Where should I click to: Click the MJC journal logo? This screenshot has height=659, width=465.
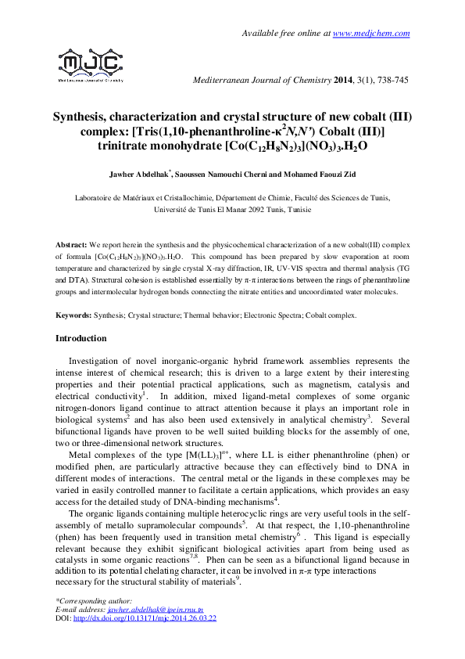(91, 64)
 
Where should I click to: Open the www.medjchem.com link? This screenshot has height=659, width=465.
(371, 34)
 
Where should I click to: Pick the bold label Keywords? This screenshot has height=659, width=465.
(74, 315)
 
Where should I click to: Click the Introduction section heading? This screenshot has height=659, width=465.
(80, 338)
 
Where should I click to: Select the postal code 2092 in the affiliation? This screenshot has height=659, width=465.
(245, 210)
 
